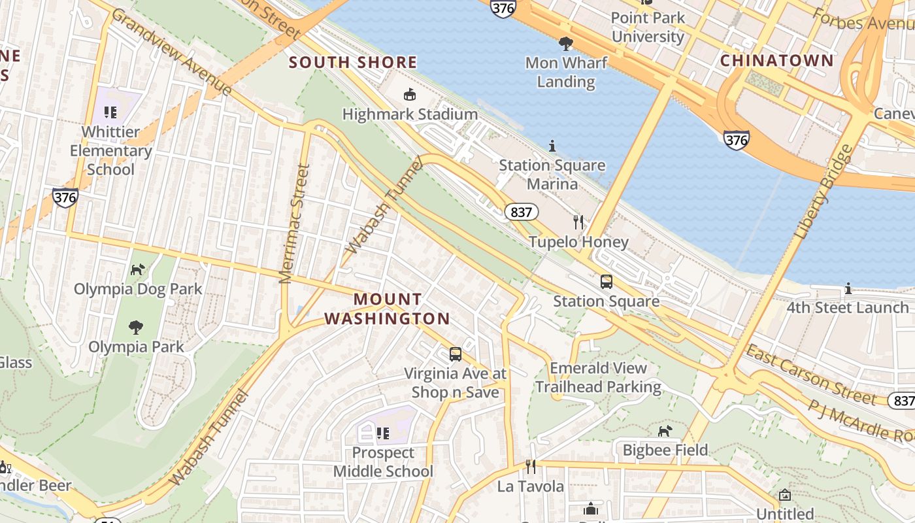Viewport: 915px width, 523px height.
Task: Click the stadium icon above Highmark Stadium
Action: tap(409, 95)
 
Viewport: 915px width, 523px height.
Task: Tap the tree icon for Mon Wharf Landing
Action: tap(566, 44)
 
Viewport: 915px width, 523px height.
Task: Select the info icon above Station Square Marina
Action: tap(552, 145)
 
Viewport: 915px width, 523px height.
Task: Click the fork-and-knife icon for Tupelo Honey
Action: tap(578, 222)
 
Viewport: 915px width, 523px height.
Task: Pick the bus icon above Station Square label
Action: tap(607, 282)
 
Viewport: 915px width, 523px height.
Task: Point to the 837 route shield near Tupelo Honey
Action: tap(521, 212)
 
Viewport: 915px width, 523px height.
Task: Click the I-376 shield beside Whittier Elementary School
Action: tap(65, 196)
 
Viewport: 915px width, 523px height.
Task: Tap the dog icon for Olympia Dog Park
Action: tap(137, 269)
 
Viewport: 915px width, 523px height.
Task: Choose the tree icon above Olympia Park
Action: tap(136, 327)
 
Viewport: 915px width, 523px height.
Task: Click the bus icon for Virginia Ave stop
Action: tap(456, 354)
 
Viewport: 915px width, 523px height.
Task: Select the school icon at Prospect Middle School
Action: tap(383, 433)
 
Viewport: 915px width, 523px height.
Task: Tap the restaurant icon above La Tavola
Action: tap(531, 467)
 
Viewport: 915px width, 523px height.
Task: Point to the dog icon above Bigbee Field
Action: tap(665, 431)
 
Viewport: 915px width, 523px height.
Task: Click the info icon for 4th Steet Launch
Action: tap(848, 288)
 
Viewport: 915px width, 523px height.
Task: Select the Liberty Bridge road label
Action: tap(824, 191)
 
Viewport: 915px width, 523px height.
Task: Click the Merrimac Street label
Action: tap(294, 224)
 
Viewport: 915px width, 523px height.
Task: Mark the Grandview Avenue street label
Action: tap(172, 52)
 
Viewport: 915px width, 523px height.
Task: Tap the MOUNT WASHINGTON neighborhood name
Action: tap(388, 309)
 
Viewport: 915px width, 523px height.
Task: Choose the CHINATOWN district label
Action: tap(776, 61)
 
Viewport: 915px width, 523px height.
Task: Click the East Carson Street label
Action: tap(810, 374)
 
